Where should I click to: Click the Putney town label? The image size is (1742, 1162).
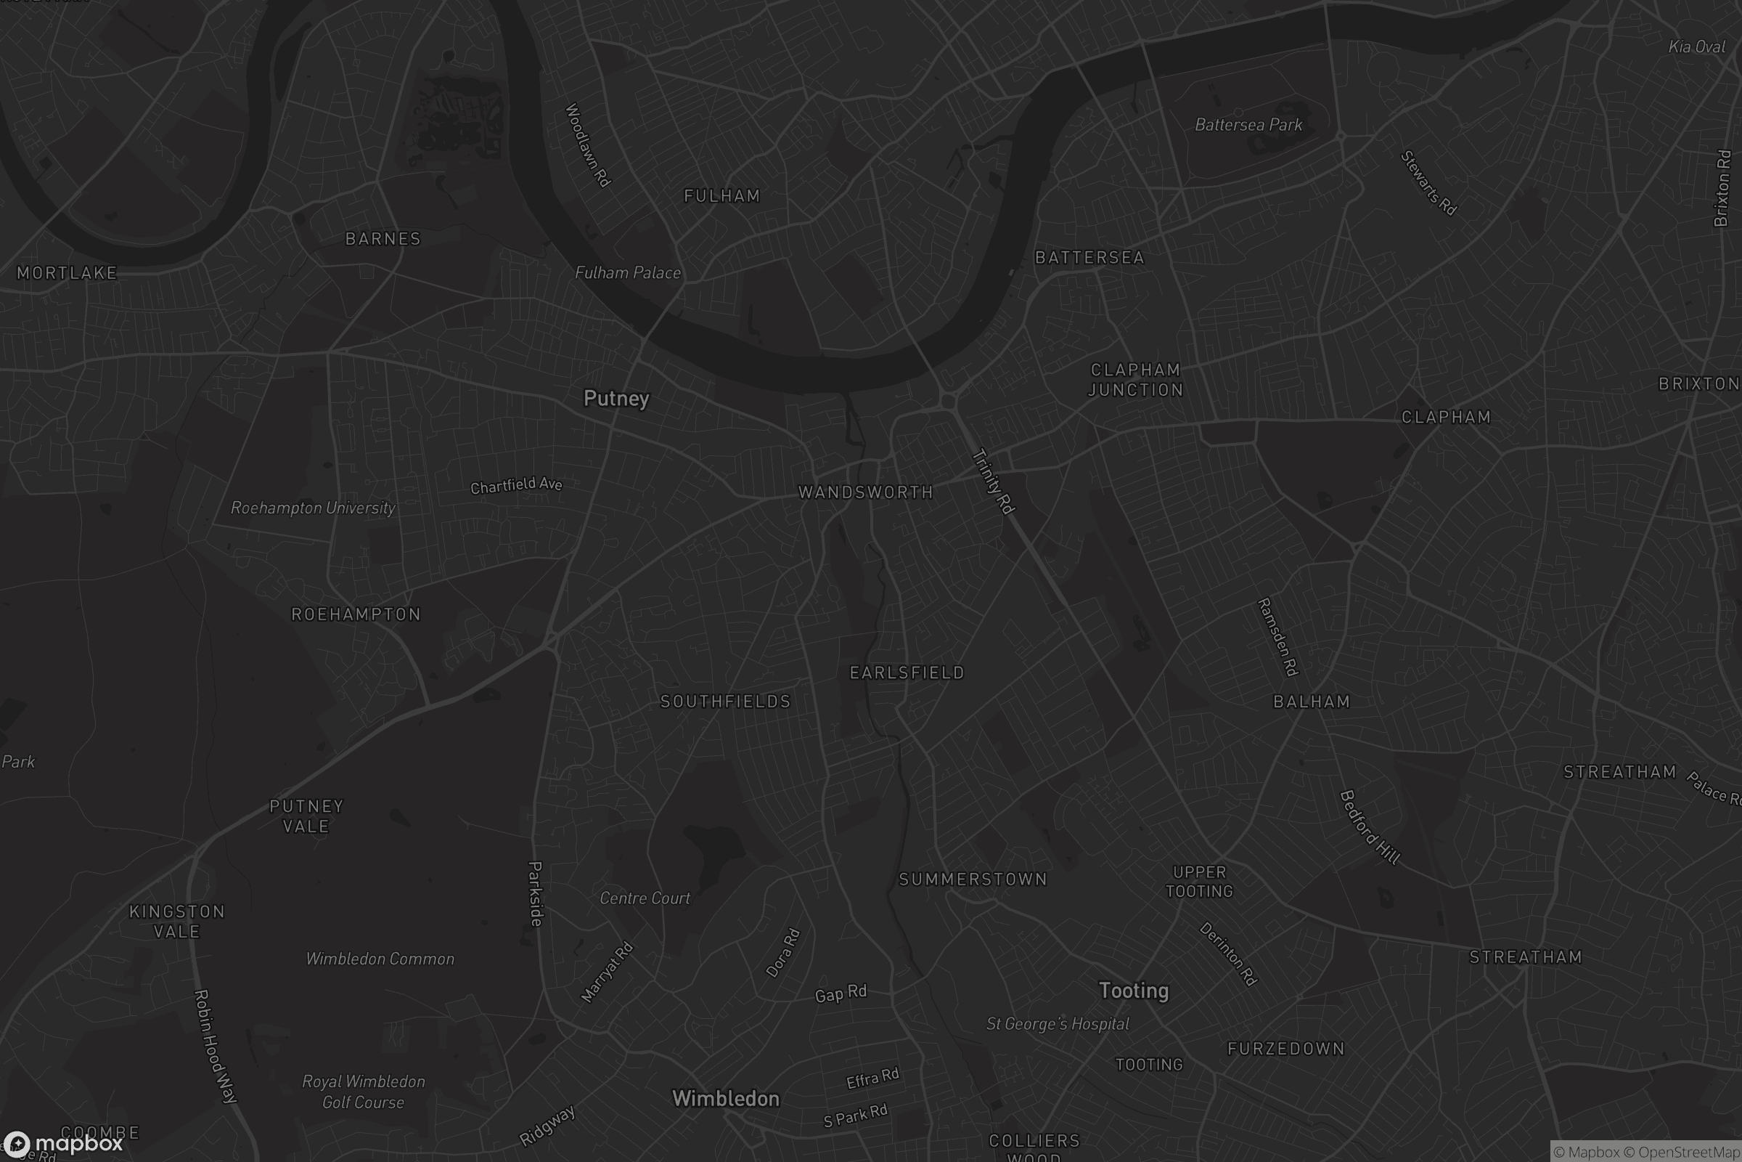[616, 399]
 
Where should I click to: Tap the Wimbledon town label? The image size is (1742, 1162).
[725, 1098]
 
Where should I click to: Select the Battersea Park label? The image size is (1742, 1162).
[1248, 124]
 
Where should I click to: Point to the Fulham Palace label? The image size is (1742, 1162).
[627, 273]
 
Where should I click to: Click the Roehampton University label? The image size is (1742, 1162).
[313, 508]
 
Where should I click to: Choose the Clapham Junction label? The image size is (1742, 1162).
[1135, 379]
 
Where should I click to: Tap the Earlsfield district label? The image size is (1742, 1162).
[907, 673]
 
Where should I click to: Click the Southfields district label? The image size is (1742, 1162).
[725, 701]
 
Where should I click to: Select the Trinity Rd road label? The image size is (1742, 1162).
[992, 481]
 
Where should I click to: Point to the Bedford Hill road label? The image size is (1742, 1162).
[1370, 827]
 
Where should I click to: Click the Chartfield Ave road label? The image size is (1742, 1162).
[516, 485]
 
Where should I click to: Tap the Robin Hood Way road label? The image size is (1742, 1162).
[215, 1046]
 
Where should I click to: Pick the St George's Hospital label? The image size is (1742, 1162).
[1058, 1024]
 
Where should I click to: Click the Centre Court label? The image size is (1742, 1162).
[645, 898]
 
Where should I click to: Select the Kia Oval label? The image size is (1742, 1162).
[1697, 46]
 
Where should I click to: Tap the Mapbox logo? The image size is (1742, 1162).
[62, 1143]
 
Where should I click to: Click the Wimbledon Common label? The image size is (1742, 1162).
[380, 959]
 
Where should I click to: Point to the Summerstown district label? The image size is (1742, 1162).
[973, 879]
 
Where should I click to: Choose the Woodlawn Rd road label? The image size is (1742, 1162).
[587, 145]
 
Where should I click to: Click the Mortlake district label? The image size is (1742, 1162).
[67, 273]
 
